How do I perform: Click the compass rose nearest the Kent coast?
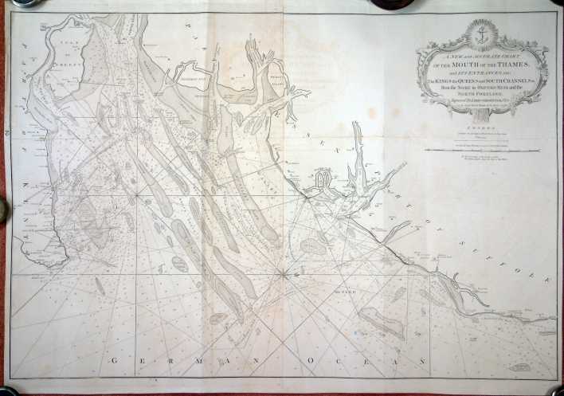[x=137, y=194]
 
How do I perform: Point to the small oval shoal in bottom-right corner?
[x=519, y=367]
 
